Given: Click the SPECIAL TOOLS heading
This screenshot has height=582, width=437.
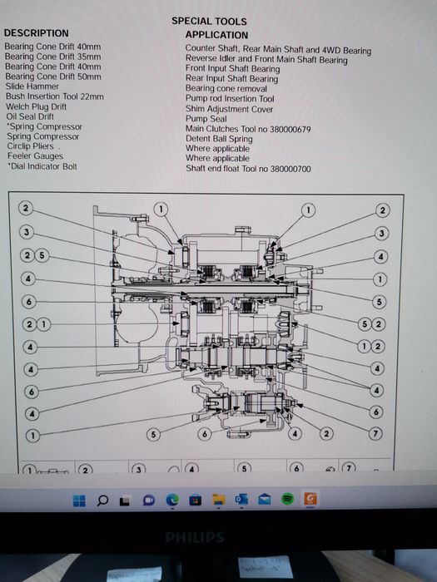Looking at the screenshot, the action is pyautogui.click(x=209, y=21).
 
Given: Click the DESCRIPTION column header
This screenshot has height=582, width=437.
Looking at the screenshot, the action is pyautogui.click(x=37, y=33).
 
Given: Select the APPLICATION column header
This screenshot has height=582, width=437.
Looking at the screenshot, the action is pyautogui.click(x=216, y=35).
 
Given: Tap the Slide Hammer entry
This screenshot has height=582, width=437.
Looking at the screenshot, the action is pyautogui.click(x=32, y=86).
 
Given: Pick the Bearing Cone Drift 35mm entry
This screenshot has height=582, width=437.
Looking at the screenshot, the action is pyautogui.click(x=52, y=57).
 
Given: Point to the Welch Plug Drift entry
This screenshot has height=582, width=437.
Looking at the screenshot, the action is pyautogui.click(x=36, y=107).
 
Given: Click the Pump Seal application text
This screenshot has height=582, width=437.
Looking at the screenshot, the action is pyautogui.click(x=206, y=119).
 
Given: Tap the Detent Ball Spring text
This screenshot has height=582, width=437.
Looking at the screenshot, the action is pyautogui.click(x=219, y=139).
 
